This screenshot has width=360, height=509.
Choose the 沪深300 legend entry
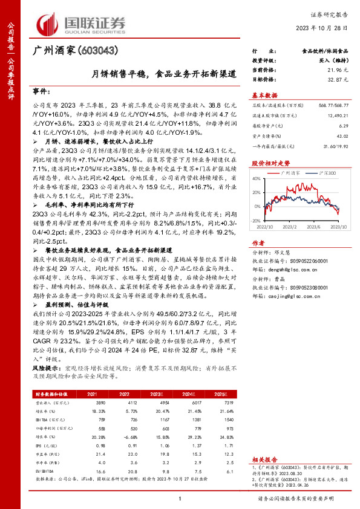point(327,172)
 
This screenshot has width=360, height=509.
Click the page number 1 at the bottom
point(180,499)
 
